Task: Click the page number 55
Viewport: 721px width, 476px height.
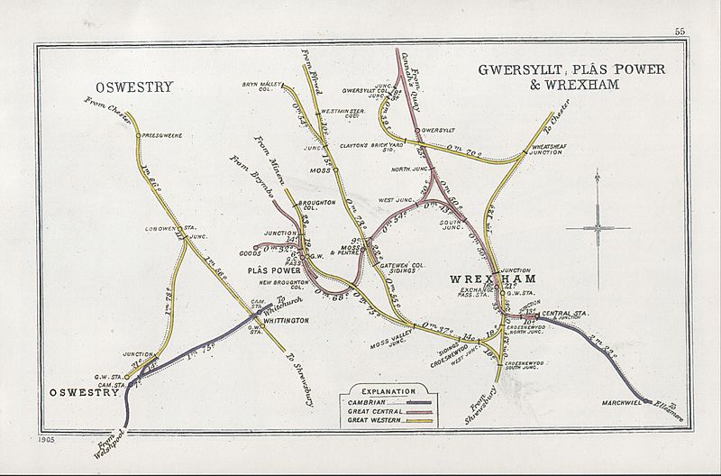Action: point(679,32)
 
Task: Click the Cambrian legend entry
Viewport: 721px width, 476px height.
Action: point(366,403)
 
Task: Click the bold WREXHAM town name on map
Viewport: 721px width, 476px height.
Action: point(488,280)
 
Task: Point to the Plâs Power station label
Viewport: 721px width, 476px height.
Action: point(273,270)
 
